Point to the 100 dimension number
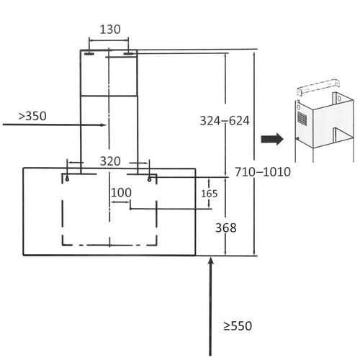tap(121, 193)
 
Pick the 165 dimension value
tap(209, 193)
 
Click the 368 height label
tap(225, 228)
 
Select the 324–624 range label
tap(225, 121)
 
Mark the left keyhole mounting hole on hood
tap(67, 177)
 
